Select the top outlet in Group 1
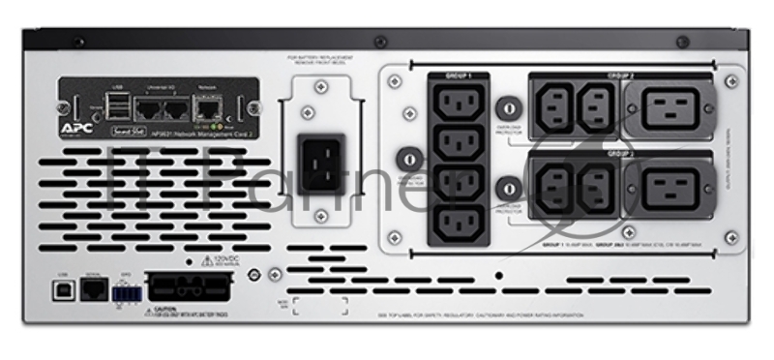[456, 102]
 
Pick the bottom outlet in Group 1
[456, 224]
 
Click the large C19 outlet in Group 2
[669, 108]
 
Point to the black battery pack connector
[188, 287]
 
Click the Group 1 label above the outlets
[458, 75]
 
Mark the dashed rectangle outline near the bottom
[320, 306]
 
